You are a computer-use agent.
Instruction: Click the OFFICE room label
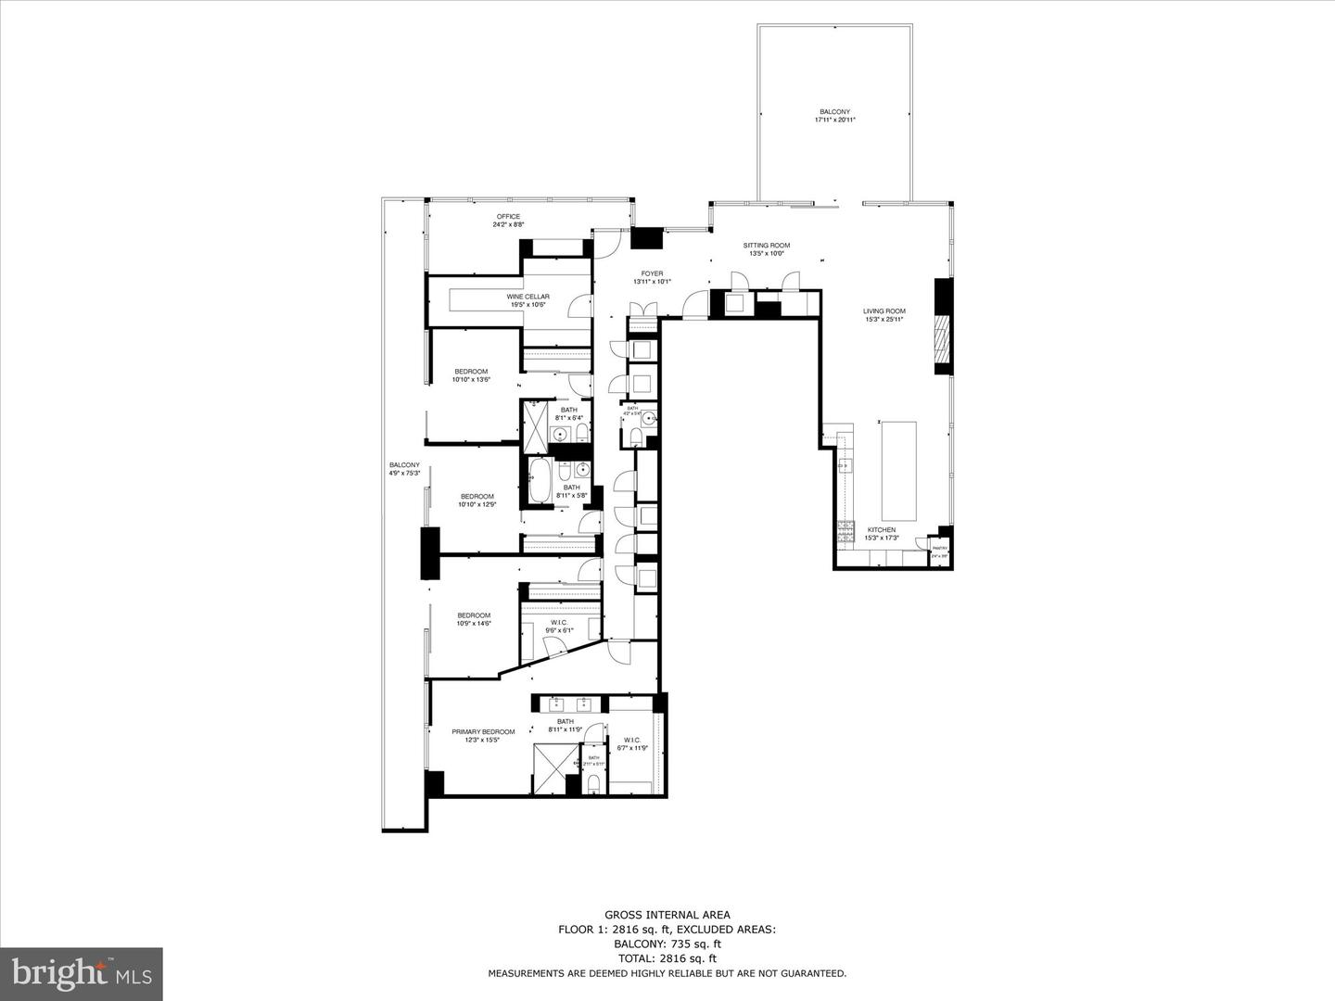point(508,217)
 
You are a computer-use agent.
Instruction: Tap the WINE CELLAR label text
point(528,297)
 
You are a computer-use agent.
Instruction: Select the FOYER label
point(652,273)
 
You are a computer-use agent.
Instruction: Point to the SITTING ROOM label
point(767,246)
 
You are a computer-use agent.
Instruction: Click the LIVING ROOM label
point(884,311)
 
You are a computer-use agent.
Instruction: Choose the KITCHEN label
point(880,530)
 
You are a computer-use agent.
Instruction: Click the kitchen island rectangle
point(897,470)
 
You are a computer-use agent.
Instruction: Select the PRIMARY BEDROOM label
point(483,731)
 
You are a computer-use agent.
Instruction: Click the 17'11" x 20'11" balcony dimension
point(834,120)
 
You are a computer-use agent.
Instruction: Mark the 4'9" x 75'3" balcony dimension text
point(404,474)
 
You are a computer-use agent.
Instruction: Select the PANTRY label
point(939,549)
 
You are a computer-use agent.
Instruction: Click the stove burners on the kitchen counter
point(845,531)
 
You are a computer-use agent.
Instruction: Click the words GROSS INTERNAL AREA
point(667,915)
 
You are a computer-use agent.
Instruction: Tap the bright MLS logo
point(82,972)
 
